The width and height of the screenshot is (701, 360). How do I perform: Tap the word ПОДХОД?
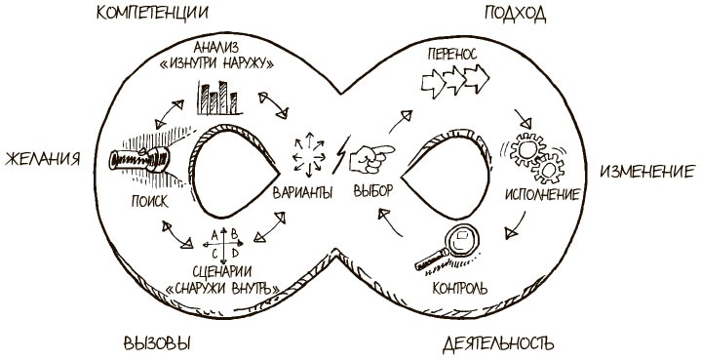click(513, 14)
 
